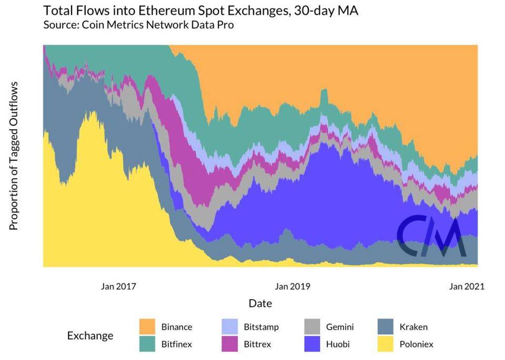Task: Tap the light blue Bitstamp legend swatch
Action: (230, 327)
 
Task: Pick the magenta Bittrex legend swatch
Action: (230, 344)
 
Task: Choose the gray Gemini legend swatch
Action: (314, 327)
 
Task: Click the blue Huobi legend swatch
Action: (314, 344)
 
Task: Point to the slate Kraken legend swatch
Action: (387, 327)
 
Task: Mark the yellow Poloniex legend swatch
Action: (387, 344)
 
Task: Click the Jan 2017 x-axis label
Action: (118, 286)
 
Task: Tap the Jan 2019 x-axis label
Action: (292, 286)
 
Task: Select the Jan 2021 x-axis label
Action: (467, 286)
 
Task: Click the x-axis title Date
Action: (260, 303)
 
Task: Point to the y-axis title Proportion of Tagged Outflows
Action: (14, 156)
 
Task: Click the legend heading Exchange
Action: (90, 335)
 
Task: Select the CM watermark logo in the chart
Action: (430, 237)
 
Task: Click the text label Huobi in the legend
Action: (338, 344)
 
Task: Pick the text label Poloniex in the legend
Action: (416, 344)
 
